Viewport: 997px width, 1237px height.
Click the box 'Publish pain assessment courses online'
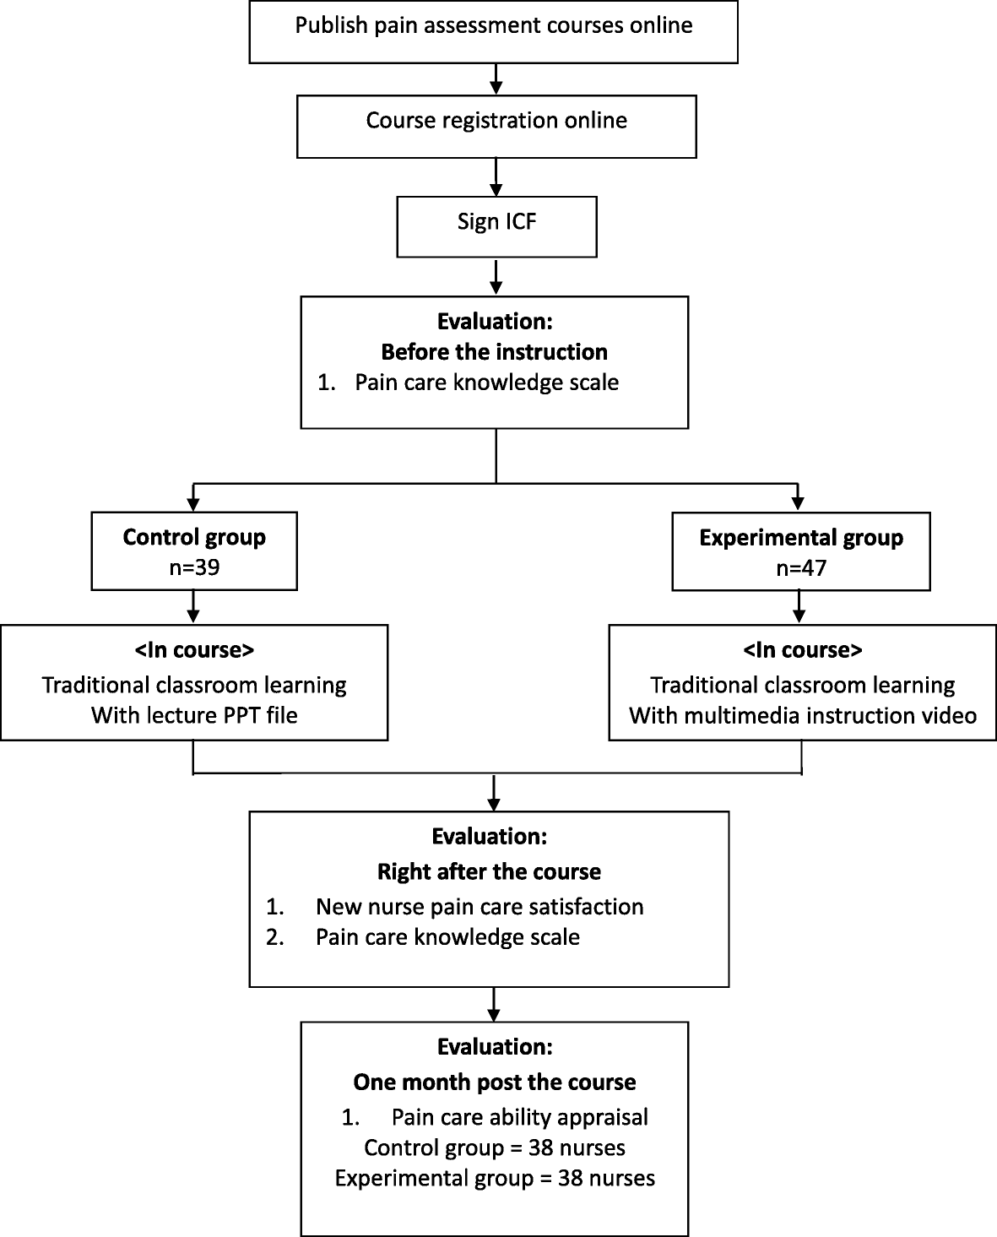point(494,31)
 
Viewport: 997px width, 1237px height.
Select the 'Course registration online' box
point(496,126)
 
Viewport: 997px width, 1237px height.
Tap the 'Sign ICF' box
point(496,226)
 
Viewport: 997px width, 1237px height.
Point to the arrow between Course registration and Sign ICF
point(496,176)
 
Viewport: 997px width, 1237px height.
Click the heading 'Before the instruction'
point(494,351)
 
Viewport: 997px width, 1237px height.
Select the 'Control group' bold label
point(194,537)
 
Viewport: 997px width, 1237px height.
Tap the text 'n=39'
point(194,567)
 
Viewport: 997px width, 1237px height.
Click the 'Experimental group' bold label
point(801,537)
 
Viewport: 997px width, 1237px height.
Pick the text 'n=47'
point(801,567)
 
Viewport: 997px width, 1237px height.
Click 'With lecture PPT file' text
point(194,715)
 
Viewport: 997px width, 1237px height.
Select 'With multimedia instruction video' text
point(803,715)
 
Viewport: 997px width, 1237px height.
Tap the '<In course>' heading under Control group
point(194,650)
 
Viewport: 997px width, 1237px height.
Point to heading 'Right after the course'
point(489,871)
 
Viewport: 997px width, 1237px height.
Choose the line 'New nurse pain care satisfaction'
point(479,906)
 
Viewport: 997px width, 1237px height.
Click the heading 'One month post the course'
point(495,1082)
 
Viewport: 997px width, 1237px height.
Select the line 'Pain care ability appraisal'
point(519,1117)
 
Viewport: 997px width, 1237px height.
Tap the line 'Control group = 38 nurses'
point(495,1147)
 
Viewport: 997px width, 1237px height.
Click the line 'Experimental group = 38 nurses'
point(495,1178)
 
